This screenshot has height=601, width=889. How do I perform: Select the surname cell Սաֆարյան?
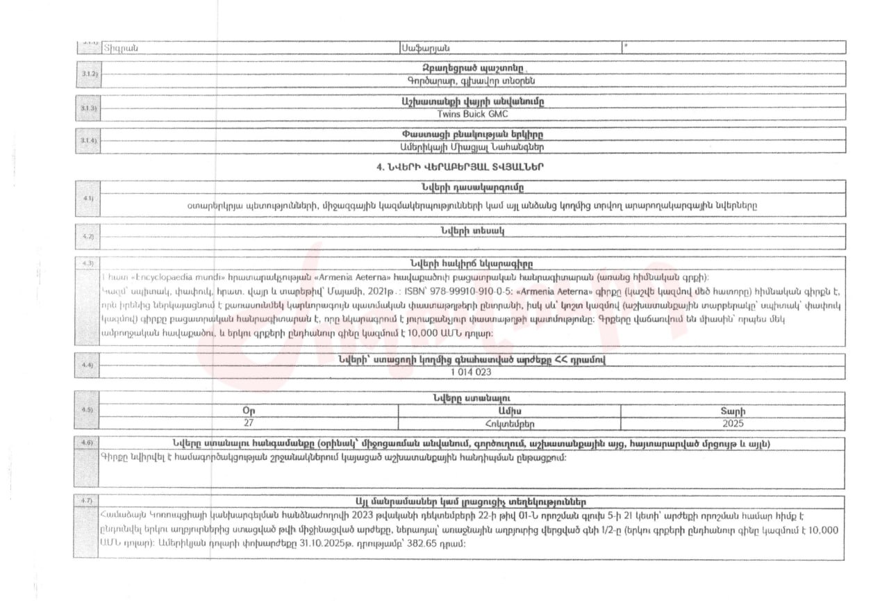426,47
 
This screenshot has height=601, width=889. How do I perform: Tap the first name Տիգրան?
121,47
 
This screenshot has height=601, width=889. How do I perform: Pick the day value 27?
249,422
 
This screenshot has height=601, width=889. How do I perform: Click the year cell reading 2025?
733,422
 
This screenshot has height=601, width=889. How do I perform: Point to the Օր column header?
249,411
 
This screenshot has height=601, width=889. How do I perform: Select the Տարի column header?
733,411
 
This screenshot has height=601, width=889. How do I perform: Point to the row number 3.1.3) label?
88,108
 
